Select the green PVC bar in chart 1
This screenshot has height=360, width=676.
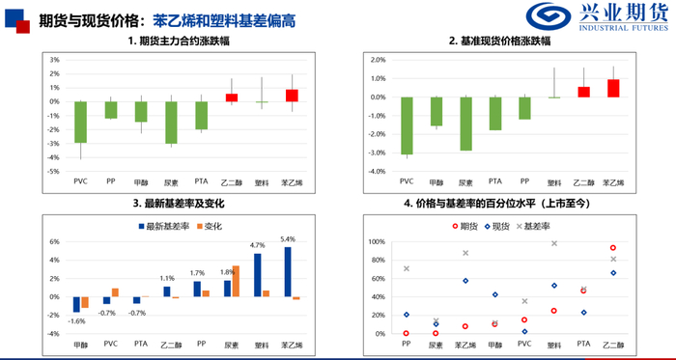(x=80, y=122)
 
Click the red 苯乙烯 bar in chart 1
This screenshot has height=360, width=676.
(x=292, y=96)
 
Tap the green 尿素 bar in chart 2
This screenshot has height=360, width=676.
(x=465, y=124)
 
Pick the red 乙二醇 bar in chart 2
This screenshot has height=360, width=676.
(x=583, y=92)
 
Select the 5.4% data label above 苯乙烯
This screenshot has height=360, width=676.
(x=288, y=237)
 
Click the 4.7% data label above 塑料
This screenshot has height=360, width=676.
(x=258, y=245)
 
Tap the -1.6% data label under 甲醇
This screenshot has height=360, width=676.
(x=78, y=321)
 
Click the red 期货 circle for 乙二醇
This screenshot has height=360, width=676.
(x=612, y=248)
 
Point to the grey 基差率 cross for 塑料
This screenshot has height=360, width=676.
(x=554, y=243)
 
